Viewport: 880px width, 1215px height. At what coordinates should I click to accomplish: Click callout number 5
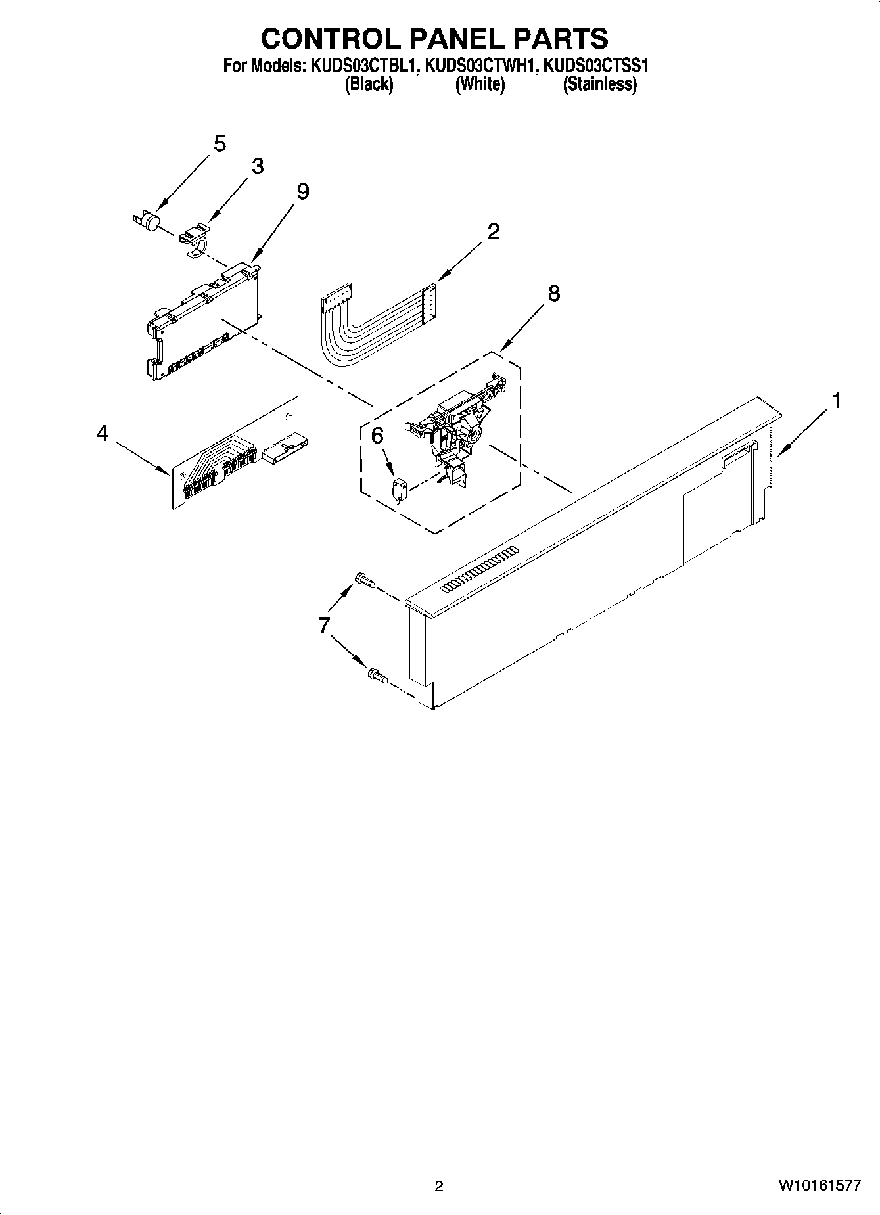click(220, 144)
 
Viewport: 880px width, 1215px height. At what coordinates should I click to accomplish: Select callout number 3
click(258, 167)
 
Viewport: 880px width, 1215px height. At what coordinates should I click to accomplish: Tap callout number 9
click(302, 191)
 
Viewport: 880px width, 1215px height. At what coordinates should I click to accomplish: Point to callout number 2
click(493, 231)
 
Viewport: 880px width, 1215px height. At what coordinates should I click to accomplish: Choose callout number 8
click(553, 294)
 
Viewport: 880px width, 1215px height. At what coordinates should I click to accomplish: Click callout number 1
click(836, 400)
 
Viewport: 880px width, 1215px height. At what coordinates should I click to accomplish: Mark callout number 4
click(102, 434)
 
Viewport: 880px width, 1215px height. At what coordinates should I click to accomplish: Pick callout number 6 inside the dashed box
click(377, 436)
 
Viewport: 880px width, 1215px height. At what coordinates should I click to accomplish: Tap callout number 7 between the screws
click(324, 625)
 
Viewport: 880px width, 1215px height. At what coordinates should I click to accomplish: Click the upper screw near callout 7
click(364, 580)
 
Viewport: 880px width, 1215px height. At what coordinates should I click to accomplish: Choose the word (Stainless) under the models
click(599, 84)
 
